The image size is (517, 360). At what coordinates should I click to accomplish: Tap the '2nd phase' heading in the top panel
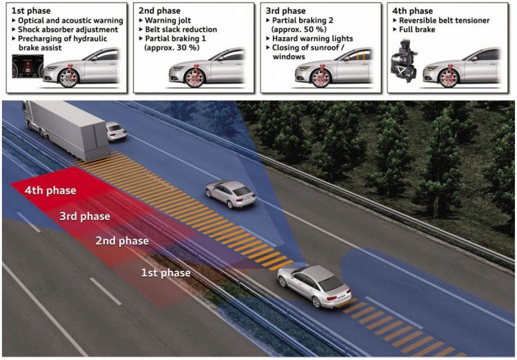click(159, 12)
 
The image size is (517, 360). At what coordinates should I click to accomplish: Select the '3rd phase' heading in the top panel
click(287, 12)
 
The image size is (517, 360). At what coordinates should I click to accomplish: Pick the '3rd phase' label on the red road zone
click(85, 217)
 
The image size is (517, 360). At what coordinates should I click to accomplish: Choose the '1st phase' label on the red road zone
click(166, 273)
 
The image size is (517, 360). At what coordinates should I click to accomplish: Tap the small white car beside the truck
click(116, 130)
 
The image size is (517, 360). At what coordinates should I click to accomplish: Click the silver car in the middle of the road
click(230, 194)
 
